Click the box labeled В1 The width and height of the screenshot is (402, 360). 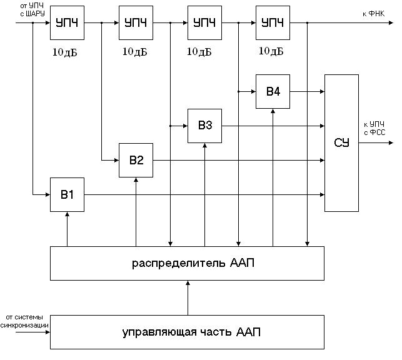68,194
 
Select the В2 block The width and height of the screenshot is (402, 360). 136,160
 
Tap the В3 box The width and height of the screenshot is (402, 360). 205,126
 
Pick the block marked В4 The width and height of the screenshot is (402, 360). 273,91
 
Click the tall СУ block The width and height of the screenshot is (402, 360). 341,142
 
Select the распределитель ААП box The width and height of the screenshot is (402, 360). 187,262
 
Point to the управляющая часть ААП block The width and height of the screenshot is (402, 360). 187,332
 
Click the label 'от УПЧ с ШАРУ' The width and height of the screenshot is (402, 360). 33,9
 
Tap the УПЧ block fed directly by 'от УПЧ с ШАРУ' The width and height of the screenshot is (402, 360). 68,23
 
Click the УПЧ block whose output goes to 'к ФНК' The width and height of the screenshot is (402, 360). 273,23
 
